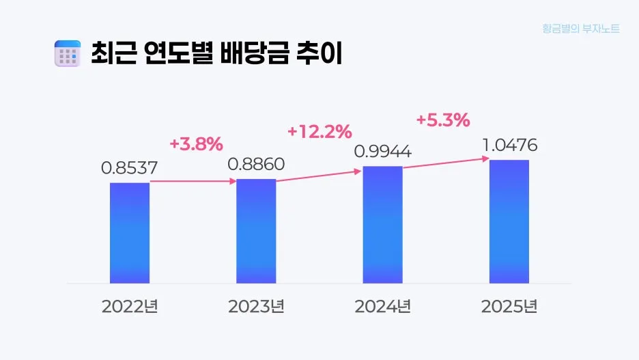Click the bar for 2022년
[x=130, y=232]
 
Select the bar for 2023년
[x=256, y=231]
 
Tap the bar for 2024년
[x=382, y=224]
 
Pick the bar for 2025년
[x=509, y=221]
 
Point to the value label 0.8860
[x=256, y=164]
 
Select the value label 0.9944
[x=382, y=151]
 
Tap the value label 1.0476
[x=509, y=146]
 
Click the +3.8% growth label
[x=196, y=144]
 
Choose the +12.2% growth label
[x=319, y=130]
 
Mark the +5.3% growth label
[x=443, y=120]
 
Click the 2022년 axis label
[x=130, y=306]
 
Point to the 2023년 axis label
[x=256, y=306]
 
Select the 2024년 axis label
[x=382, y=306]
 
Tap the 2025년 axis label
[x=509, y=306]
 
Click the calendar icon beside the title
[x=67, y=54]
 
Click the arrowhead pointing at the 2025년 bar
[x=485, y=158]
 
